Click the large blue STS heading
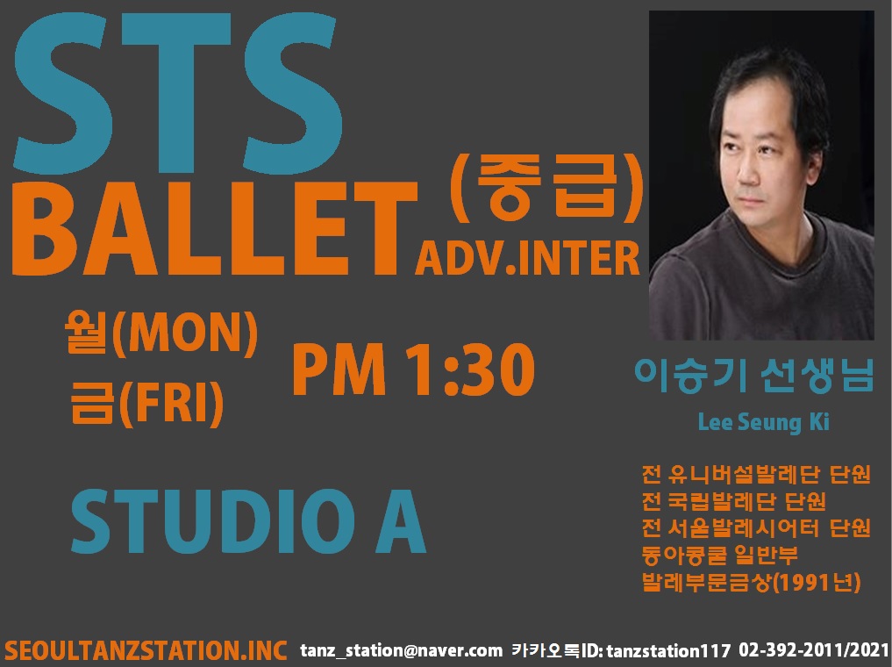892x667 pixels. coord(177,93)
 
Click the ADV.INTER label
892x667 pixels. coord(527,258)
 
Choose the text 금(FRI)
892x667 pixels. coord(146,402)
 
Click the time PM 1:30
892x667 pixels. coord(413,370)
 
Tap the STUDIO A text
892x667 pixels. coord(248,521)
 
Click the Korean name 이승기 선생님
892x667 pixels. coord(753,376)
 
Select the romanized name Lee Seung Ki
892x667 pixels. coord(763,422)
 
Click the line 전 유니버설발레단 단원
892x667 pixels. coord(756,474)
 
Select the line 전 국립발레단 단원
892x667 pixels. coord(733,501)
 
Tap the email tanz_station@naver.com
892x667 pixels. coord(401,650)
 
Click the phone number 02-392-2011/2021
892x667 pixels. coord(813,650)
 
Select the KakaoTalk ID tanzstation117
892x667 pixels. coord(668,650)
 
